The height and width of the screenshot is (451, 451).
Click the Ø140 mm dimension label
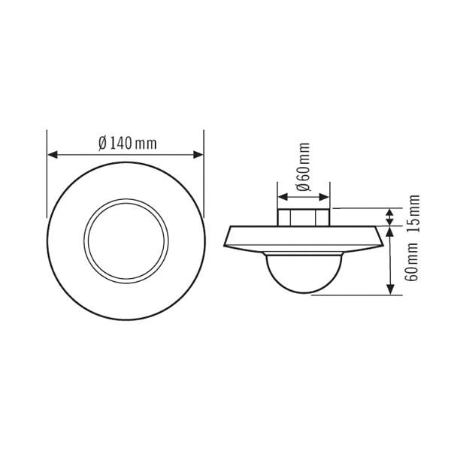pyautogui.click(x=127, y=144)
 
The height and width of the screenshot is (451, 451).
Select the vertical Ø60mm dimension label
pyautogui.click(x=303, y=168)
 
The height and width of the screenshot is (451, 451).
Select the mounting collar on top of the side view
pyautogui.click(x=303, y=216)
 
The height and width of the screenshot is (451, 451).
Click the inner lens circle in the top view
pyautogui.click(x=126, y=240)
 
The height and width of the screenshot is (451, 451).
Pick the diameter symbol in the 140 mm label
pyautogui.click(x=102, y=144)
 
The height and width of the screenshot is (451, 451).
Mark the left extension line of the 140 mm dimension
pyautogui.click(x=47, y=173)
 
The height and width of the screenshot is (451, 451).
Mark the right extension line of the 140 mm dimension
pyautogui.click(x=204, y=173)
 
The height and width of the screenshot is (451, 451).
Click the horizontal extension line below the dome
pyautogui.click(x=353, y=295)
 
